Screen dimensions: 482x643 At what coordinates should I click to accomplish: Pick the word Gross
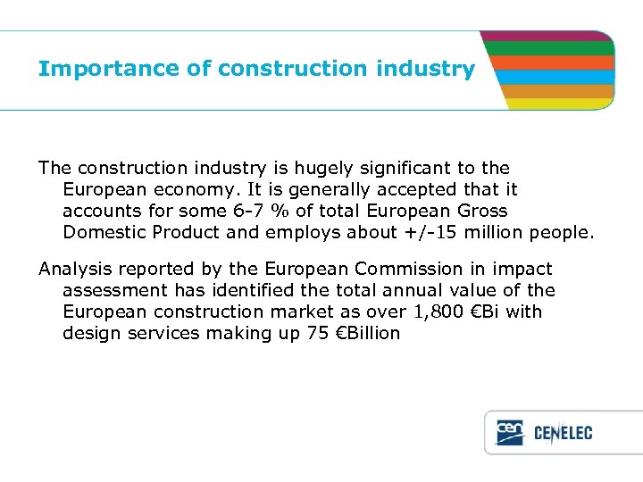pyautogui.click(x=482, y=212)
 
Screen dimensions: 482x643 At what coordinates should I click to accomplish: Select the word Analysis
pyautogui.click(x=75, y=269)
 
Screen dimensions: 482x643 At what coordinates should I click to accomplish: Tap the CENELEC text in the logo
pyautogui.click(x=563, y=434)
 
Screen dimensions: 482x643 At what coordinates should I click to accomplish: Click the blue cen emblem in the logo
pyautogui.click(x=509, y=433)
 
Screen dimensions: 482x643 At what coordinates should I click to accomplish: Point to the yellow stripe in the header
pyautogui.click(x=560, y=104)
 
